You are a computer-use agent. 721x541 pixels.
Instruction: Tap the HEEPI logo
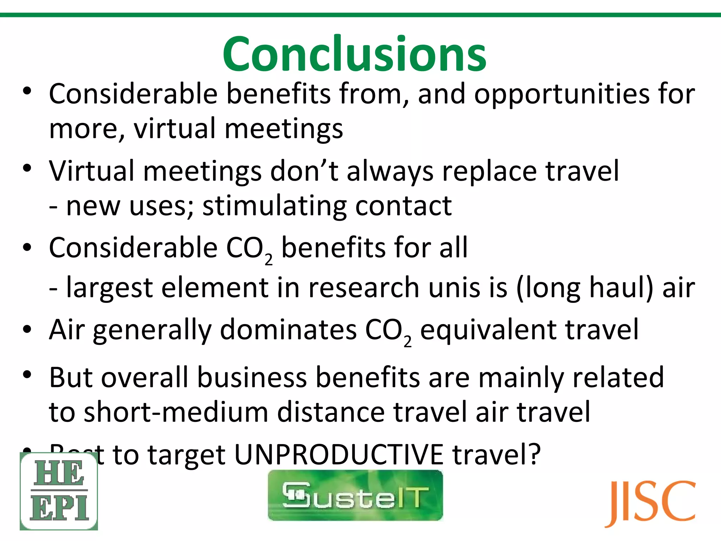59,491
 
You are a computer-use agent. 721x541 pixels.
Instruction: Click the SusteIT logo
355,495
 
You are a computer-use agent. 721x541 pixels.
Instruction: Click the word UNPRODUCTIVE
338,454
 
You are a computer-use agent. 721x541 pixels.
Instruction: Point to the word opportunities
562,94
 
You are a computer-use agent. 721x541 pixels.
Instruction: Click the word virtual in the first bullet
175,129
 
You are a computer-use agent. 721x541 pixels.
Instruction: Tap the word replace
489,172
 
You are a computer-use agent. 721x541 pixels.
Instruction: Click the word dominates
288,330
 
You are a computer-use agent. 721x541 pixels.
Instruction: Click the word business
252,378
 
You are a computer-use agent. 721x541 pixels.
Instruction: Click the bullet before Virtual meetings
27,168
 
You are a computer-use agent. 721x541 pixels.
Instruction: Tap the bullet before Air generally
27,330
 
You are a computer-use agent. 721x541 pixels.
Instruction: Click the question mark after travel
534,454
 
